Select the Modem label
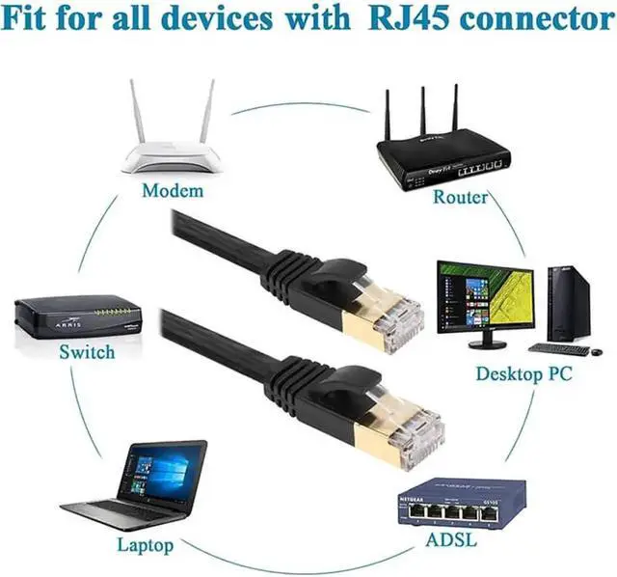(173, 190)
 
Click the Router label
(460, 197)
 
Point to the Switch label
(87, 352)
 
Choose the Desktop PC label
(523, 373)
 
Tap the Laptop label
(146, 544)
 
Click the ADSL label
(451, 538)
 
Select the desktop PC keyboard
(559, 348)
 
